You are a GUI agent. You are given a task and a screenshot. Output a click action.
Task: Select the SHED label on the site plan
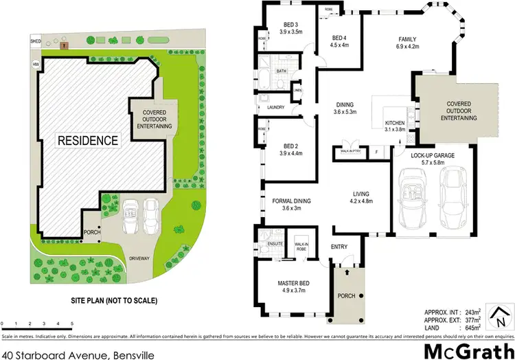pyautogui.click(x=36, y=41)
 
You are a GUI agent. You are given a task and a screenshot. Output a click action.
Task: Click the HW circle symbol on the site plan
pyautogui.click(x=35, y=65)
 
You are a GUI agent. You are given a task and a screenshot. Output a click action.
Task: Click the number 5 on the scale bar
pyautogui.click(x=72, y=323)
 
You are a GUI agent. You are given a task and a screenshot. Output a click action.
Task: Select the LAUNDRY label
pyautogui.click(x=266, y=107)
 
